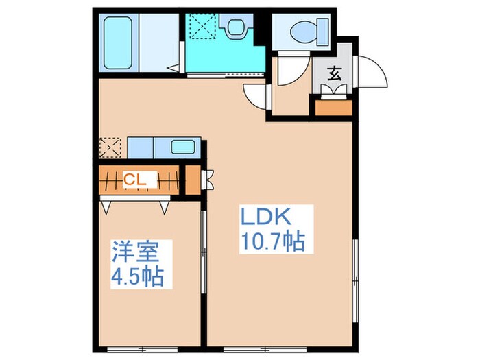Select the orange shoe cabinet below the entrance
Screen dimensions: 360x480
click(x=333, y=106)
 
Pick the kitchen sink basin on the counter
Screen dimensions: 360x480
click(x=182, y=147)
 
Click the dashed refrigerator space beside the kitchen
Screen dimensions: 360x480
click(x=110, y=147)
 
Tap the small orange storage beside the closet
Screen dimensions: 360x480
click(x=193, y=180)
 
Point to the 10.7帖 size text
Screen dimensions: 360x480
click(x=272, y=243)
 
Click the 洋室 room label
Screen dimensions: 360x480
click(x=136, y=253)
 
